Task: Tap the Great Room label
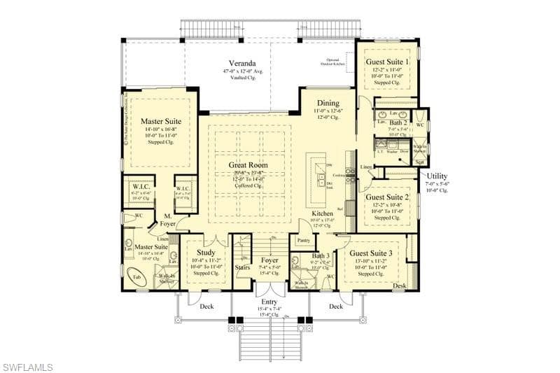(248, 165)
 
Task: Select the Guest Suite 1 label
(388, 62)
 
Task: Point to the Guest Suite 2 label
(388, 197)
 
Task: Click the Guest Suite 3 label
(372, 253)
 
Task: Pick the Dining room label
(328, 103)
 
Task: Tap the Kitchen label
(322, 213)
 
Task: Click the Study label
(206, 253)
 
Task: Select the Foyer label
(269, 260)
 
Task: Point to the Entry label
(269, 302)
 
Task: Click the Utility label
(437, 176)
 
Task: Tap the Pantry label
(304, 240)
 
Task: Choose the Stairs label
(243, 267)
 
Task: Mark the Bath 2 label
(399, 122)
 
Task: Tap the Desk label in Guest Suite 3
(400, 286)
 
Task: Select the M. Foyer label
(167, 219)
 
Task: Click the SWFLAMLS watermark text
(28, 366)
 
